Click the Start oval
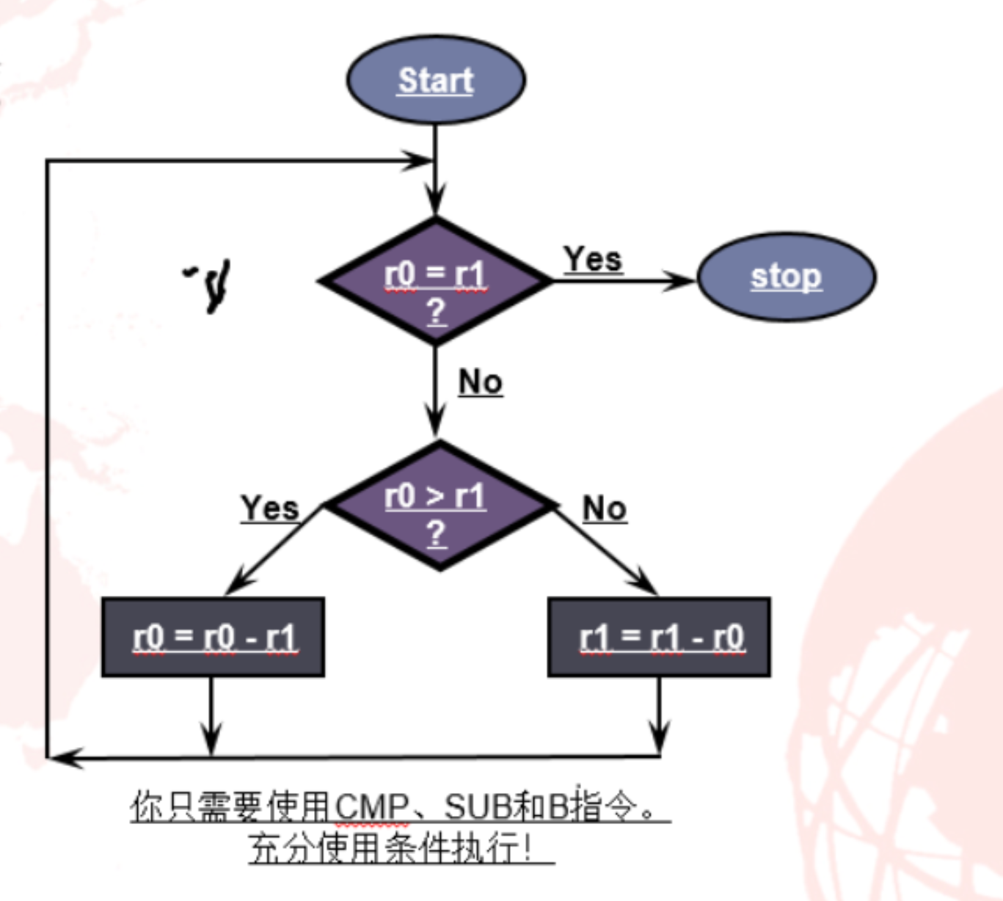point(436,80)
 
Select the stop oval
point(786,277)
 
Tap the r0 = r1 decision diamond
point(436,281)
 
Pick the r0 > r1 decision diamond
point(439,506)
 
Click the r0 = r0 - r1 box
point(213,637)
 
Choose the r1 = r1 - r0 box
point(659,637)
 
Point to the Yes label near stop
point(593,259)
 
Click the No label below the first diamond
point(481,382)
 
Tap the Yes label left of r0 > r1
point(270,508)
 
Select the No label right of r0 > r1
point(604,508)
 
